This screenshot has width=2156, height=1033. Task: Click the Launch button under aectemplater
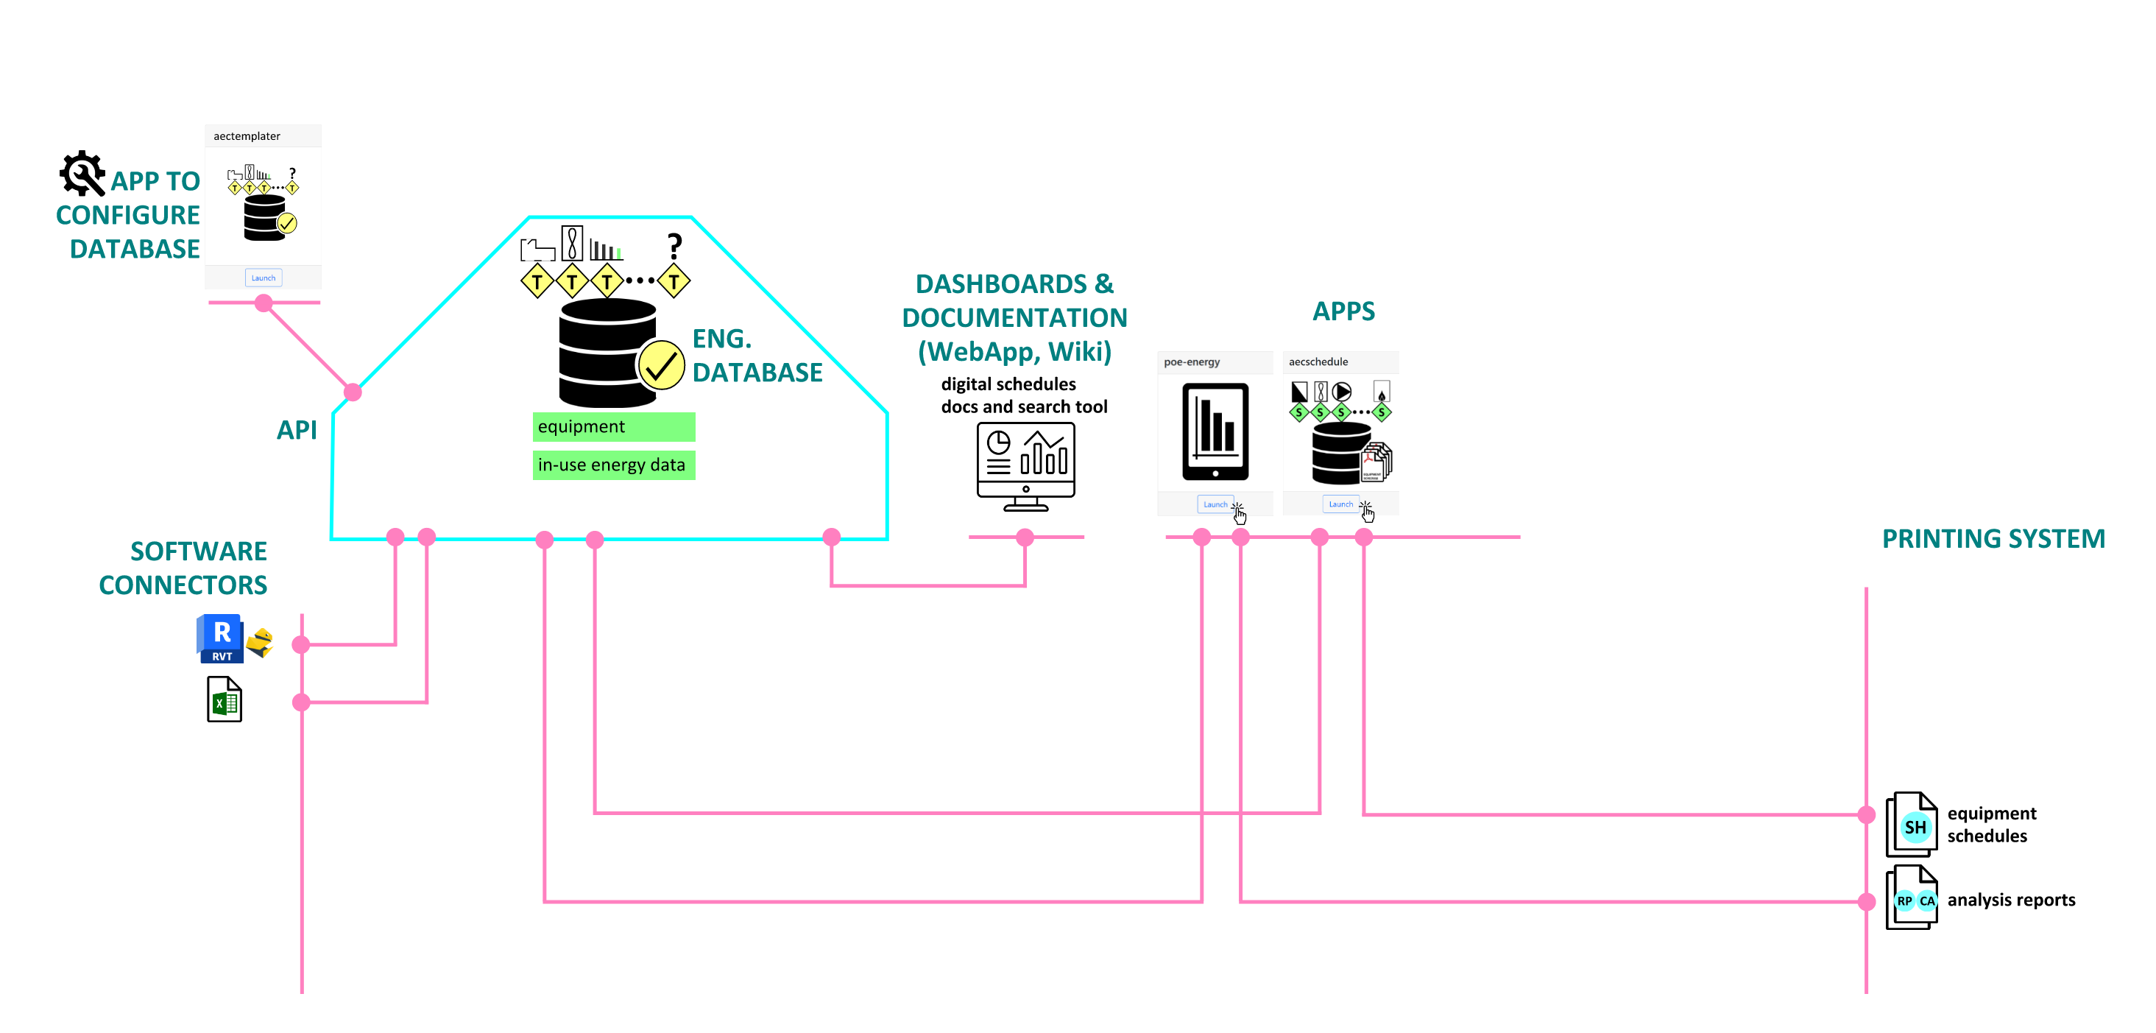click(263, 278)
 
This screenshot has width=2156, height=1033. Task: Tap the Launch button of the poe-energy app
click(1215, 504)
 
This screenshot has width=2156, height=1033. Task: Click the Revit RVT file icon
click(221, 638)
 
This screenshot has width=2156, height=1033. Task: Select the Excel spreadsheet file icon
click(225, 699)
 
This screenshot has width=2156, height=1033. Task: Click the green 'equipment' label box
click(613, 427)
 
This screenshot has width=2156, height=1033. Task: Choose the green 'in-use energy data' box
click(613, 465)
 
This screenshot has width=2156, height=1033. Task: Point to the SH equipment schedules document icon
click(1912, 825)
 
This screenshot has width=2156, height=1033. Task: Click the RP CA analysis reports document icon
click(1912, 898)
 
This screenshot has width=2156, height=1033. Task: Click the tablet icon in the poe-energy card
click(1215, 431)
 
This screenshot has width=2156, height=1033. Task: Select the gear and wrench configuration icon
click(82, 173)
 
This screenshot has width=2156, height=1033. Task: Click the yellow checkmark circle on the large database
click(661, 365)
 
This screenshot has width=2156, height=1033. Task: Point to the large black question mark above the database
click(674, 246)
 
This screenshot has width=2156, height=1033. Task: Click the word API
click(297, 430)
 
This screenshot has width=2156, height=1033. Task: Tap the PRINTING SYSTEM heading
click(1993, 539)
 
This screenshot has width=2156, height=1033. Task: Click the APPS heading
click(1343, 311)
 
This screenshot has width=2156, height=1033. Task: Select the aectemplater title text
click(247, 136)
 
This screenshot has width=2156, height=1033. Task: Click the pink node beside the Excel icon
click(301, 702)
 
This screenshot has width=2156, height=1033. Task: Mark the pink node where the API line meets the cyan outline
click(353, 392)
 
